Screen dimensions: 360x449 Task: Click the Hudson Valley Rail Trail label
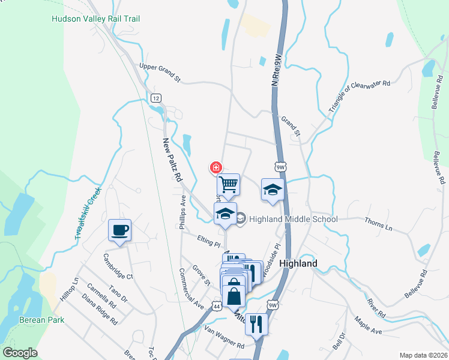[x=96, y=19]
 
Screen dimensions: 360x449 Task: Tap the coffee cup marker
[x=119, y=230]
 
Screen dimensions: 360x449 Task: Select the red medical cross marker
[x=215, y=167]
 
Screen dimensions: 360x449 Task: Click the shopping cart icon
[x=228, y=184]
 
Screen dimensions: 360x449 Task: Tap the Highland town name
[x=298, y=263]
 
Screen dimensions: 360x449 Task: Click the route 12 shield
[x=156, y=98]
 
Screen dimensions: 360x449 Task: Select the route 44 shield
[x=216, y=305]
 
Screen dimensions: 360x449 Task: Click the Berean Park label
[x=41, y=320]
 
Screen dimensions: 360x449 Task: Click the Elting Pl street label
[x=209, y=241]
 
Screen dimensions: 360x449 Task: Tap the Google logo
[x=20, y=353]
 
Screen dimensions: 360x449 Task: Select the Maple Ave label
[x=368, y=326]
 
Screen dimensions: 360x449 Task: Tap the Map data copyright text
[x=423, y=355]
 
